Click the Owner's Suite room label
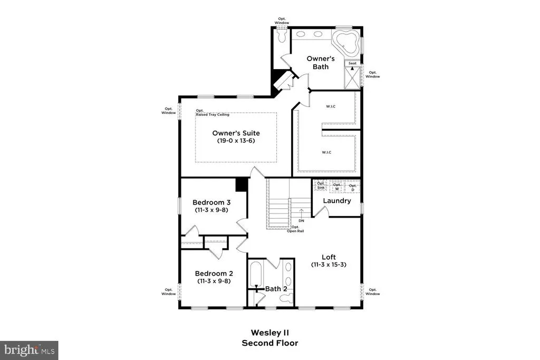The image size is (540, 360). [x=236, y=133]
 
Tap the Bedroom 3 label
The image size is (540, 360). [x=211, y=202]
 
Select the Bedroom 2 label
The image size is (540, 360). [x=214, y=274]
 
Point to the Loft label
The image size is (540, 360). [x=329, y=257]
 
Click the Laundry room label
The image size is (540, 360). [x=337, y=201]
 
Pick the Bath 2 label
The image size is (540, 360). [x=276, y=289]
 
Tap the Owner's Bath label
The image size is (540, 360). [x=321, y=63]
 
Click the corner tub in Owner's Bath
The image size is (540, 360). [x=346, y=42]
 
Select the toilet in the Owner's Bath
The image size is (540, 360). [x=283, y=36]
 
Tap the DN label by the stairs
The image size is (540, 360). [x=301, y=221]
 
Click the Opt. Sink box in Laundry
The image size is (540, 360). [x=321, y=186]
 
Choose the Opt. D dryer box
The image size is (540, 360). [x=352, y=187]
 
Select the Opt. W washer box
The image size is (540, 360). [x=337, y=187]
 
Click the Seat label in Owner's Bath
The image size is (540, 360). [x=352, y=63]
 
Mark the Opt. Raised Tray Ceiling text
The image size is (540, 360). [x=213, y=113]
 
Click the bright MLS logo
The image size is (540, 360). [x=30, y=351]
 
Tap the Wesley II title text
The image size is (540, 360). [x=270, y=333]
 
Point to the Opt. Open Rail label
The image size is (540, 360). [x=295, y=229]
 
